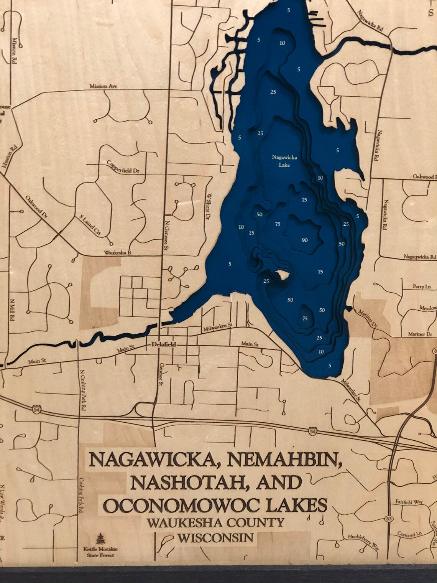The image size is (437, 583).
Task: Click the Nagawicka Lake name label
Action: [284, 161]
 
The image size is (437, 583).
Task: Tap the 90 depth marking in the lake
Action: [304, 240]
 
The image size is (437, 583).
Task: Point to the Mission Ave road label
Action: [103, 86]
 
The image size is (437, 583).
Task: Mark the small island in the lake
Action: [283, 275]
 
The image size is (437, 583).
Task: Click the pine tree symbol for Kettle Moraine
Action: [100, 539]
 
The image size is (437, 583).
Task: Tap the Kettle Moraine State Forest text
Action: [100, 552]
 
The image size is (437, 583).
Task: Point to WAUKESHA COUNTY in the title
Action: [215, 522]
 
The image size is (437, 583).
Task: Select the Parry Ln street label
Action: [422, 287]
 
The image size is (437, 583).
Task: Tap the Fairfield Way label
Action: [409, 502]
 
